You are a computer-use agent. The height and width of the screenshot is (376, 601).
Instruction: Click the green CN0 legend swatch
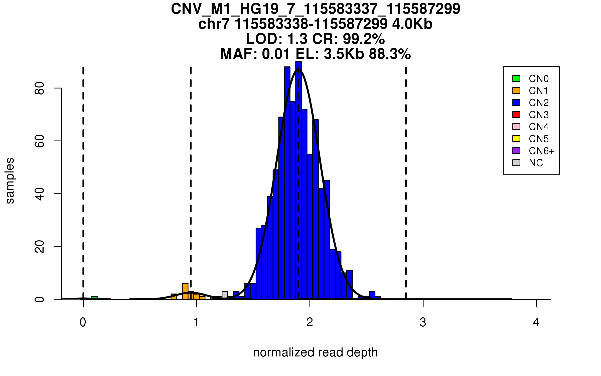click(516, 78)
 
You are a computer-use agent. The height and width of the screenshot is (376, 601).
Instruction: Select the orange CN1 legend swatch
click(516, 90)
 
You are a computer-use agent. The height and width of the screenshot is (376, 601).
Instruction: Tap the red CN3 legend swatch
click(516, 115)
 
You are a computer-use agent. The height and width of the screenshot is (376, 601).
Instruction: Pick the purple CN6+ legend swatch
click(516, 151)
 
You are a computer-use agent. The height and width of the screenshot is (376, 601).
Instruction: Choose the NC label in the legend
click(536, 163)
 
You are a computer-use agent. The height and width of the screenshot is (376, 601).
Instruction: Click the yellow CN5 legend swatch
click(516, 139)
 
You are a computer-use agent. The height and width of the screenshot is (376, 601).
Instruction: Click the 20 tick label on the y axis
click(40, 246)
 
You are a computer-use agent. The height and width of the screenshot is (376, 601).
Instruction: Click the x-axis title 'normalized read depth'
click(315, 352)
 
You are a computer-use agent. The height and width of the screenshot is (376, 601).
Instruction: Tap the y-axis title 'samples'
click(10, 180)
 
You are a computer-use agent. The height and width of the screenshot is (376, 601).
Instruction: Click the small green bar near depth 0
click(94, 298)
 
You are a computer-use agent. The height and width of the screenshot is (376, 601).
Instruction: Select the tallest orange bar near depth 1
click(185, 291)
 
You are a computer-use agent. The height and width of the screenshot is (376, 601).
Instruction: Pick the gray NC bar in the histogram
click(225, 295)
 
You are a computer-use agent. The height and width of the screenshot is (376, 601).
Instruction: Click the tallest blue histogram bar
click(298, 180)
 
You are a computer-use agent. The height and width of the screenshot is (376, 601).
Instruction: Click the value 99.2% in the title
click(364, 39)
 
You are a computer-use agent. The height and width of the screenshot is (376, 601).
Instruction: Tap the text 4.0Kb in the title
click(412, 24)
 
